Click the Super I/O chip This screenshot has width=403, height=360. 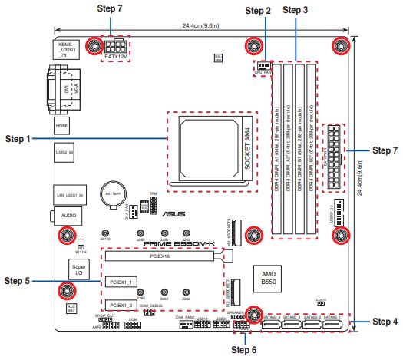pos(80,270)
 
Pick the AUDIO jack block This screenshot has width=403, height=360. pos(65,216)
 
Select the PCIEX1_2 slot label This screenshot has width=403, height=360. pos(120,306)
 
